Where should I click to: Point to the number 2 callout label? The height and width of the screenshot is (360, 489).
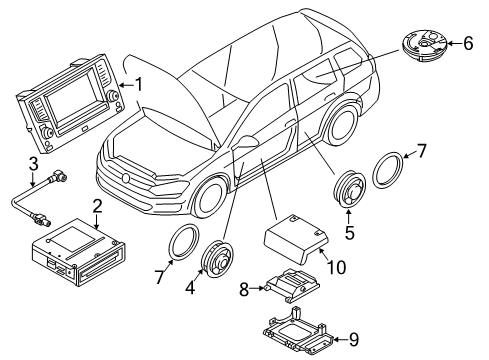click(97, 205)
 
